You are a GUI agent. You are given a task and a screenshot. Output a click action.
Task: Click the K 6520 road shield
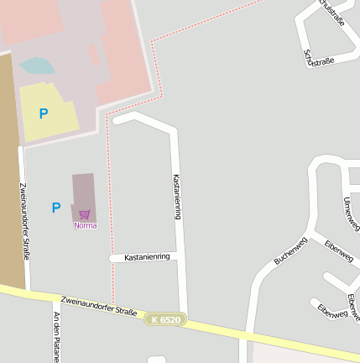pos(165,320)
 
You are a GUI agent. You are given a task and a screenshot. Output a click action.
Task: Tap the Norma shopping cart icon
pos(85,215)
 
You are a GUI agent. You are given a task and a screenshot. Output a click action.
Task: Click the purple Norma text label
pos(85,225)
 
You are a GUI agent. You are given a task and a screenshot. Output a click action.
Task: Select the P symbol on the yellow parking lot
pos(44,113)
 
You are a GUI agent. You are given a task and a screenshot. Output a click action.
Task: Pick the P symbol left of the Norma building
pos(56,208)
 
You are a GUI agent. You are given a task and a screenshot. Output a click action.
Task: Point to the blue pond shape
pos(36,66)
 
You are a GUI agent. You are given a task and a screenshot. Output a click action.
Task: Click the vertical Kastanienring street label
pos(177,197)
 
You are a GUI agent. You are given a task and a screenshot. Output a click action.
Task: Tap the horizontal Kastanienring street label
pos(147,256)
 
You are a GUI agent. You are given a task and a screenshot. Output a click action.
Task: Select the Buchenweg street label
pos(290,250)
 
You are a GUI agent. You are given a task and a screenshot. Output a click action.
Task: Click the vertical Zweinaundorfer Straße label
pos(24,220)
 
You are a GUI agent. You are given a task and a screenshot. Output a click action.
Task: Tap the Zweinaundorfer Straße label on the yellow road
pos(98,305)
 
